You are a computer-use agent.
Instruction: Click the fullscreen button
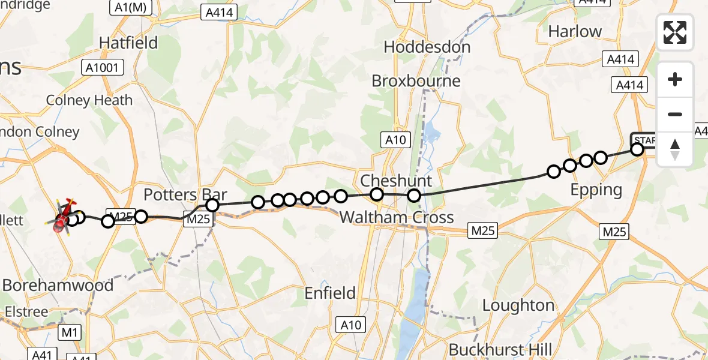[x=675, y=32]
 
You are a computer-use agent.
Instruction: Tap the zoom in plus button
[x=675, y=80]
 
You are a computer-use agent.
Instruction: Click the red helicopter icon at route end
[x=62, y=218]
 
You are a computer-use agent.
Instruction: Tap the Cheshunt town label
[x=395, y=181]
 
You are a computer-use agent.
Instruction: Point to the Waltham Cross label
[x=397, y=217]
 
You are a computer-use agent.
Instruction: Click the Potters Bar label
[x=185, y=195]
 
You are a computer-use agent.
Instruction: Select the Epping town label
[x=596, y=190]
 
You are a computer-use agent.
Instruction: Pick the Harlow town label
[x=575, y=31]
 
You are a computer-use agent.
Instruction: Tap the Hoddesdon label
[x=427, y=47]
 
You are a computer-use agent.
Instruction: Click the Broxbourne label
[x=416, y=81]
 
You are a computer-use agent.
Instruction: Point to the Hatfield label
[x=128, y=43]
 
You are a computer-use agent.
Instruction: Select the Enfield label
[x=330, y=293]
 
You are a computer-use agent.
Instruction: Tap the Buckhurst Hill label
[x=500, y=350]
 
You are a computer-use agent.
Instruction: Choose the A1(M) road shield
[x=128, y=7]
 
